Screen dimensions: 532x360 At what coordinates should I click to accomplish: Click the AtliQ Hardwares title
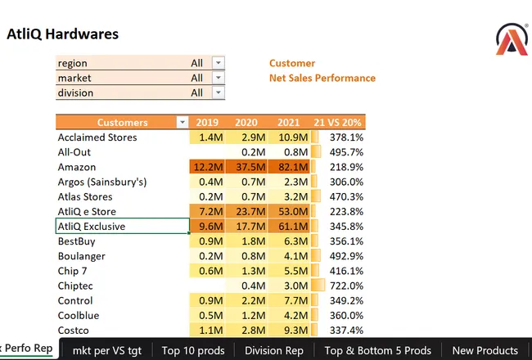pos(63,34)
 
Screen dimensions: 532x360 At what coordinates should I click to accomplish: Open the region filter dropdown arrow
pos(219,63)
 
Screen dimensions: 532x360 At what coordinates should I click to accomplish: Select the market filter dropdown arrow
pos(219,78)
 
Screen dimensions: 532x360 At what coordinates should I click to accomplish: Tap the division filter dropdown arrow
pos(219,92)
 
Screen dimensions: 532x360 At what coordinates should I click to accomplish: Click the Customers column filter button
pos(183,123)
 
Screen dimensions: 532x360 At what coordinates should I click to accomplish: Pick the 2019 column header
pos(207,123)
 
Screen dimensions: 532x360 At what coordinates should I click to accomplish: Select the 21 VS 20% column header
pos(337,123)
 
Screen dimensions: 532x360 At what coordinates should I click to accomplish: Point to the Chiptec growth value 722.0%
pos(346,286)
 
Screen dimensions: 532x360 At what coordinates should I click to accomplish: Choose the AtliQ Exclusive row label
pos(92,227)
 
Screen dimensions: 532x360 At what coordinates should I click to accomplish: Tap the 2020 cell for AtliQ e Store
pos(250,211)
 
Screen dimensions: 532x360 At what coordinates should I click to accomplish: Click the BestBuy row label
pos(77,241)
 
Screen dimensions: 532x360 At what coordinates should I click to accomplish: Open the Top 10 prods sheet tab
pos(193,350)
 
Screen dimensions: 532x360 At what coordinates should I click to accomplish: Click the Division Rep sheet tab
pos(274,350)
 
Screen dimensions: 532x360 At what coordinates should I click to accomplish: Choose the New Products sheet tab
pos(485,350)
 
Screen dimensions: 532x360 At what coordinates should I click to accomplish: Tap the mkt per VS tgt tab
pos(107,350)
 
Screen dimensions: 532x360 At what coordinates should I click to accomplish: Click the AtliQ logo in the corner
pos(512,39)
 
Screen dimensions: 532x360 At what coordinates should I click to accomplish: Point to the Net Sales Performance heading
pos(322,78)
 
